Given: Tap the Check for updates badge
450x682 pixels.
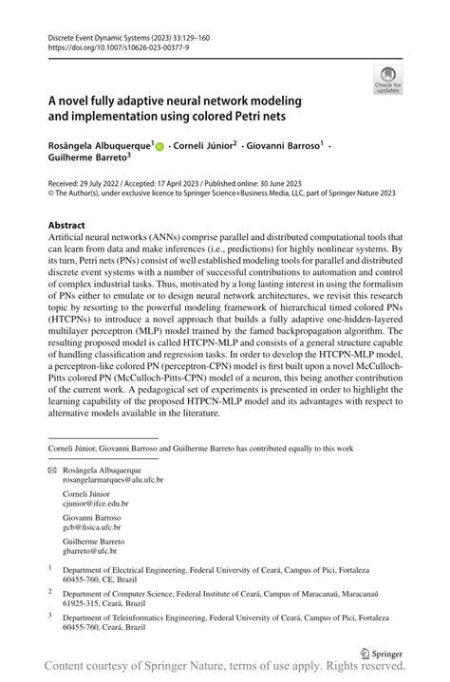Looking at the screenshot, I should tap(388, 81).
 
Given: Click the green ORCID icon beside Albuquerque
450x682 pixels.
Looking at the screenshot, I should tap(159, 147).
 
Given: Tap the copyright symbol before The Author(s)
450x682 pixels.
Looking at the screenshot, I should tap(50, 193).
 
